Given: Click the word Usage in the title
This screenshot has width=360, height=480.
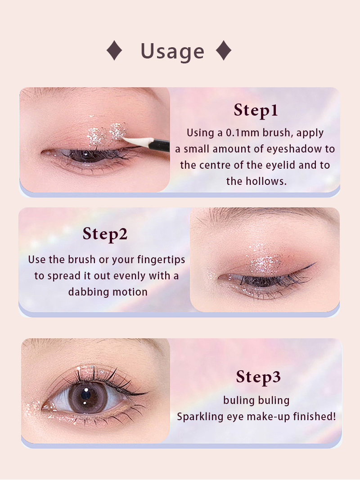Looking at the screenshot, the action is tap(172, 51).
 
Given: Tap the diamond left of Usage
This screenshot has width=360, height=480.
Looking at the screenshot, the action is tap(114, 50).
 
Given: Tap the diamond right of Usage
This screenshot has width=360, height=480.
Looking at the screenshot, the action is tap(224, 50).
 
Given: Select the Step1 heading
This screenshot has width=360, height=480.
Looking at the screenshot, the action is tap(256, 110).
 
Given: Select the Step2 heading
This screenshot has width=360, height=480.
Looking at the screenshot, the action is tap(105, 234).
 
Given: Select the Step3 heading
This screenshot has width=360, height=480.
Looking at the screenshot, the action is tap(258, 377).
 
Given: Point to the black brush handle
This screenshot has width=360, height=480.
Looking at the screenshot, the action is tap(161, 145).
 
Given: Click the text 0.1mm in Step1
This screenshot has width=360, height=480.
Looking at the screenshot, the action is tap(243, 133).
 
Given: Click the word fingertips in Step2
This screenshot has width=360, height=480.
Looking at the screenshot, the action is tap(161, 260).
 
